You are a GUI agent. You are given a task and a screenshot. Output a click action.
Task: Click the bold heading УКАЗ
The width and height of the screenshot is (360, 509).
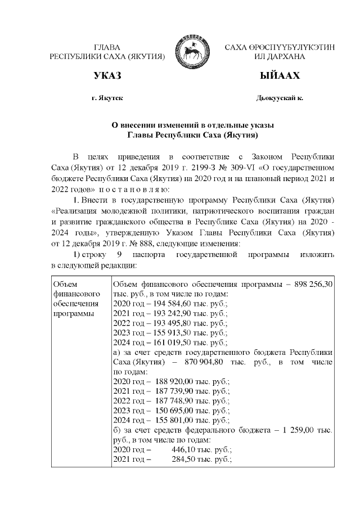click(x=107, y=76)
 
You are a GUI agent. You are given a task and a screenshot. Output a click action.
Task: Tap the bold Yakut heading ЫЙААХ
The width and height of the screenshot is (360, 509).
click(x=280, y=76)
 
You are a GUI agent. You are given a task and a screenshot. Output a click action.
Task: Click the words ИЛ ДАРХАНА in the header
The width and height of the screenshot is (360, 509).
click(x=280, y=57)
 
